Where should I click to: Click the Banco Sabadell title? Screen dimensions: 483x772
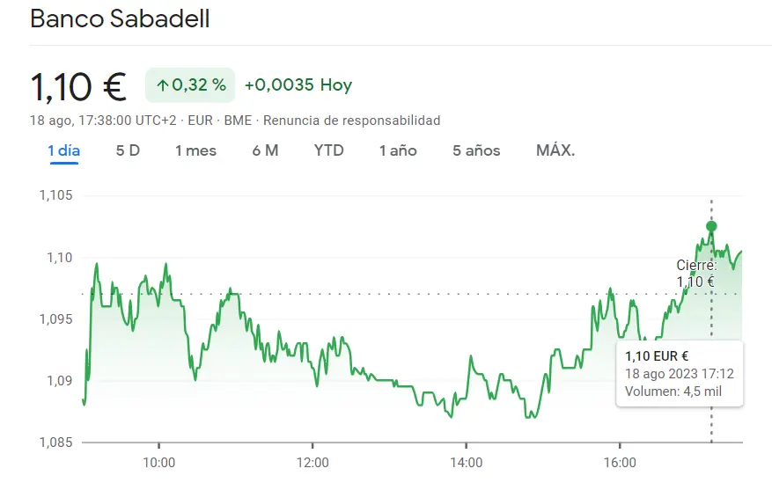120,19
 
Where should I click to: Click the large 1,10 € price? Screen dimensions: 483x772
78,86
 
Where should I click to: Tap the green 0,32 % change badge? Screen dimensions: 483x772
190,85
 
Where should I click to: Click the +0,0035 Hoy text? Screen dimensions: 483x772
298,85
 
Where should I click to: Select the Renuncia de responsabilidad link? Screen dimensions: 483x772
351,121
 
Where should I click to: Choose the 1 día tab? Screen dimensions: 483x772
63,150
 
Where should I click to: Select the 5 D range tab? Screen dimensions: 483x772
128,150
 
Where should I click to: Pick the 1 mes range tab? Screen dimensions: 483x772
195,150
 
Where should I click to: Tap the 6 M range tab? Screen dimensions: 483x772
265,150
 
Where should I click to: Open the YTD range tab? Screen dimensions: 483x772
328,150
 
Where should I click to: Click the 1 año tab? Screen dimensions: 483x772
398,150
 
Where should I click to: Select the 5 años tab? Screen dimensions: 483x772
476,150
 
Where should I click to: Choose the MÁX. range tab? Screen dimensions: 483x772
555,150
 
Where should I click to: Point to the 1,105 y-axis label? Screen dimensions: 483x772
55,195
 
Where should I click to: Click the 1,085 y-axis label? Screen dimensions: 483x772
55,442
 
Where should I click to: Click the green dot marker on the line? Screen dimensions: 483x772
711,226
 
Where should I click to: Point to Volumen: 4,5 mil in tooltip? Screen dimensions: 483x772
673,392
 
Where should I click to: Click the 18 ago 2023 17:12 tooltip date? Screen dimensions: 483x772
679,374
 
